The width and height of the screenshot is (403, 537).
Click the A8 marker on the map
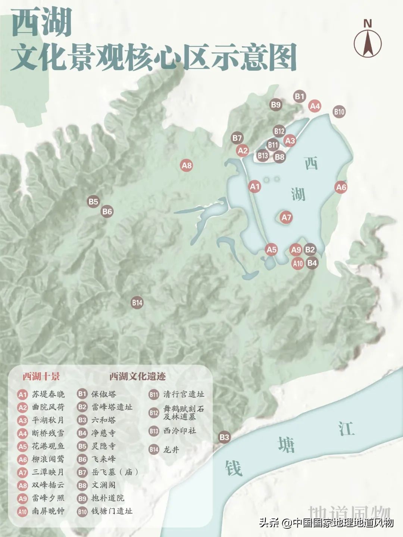click(187, 165)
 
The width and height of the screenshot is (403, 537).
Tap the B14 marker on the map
click(137, 303)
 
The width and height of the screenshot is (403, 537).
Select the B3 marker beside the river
click(224, 437)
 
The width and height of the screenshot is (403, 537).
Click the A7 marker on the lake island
click(286, 218)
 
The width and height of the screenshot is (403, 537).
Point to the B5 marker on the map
click(93, 202)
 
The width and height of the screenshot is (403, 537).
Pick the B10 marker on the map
click(339, 111)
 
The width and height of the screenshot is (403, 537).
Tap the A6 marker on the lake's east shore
click(341, 187)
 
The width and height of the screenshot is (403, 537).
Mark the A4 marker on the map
click(315, 106)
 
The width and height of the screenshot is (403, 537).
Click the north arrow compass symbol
click(368, 43)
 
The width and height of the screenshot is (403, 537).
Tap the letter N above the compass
click(368, 24)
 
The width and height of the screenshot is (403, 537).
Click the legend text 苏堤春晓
click(48, 394)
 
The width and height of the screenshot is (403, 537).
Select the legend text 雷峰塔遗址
click(112, 407)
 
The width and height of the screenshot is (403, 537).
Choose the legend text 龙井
click(171, 450)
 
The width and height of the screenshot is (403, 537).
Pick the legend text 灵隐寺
click(104, 446)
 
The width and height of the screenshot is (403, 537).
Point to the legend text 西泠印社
click(180, 431)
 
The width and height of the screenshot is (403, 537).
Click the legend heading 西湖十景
click(41, 376)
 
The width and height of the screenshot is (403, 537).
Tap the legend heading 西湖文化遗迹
click(137, 376)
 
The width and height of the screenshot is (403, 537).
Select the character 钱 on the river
click(234, 468)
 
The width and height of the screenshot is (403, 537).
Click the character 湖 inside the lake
click(298, 194)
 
